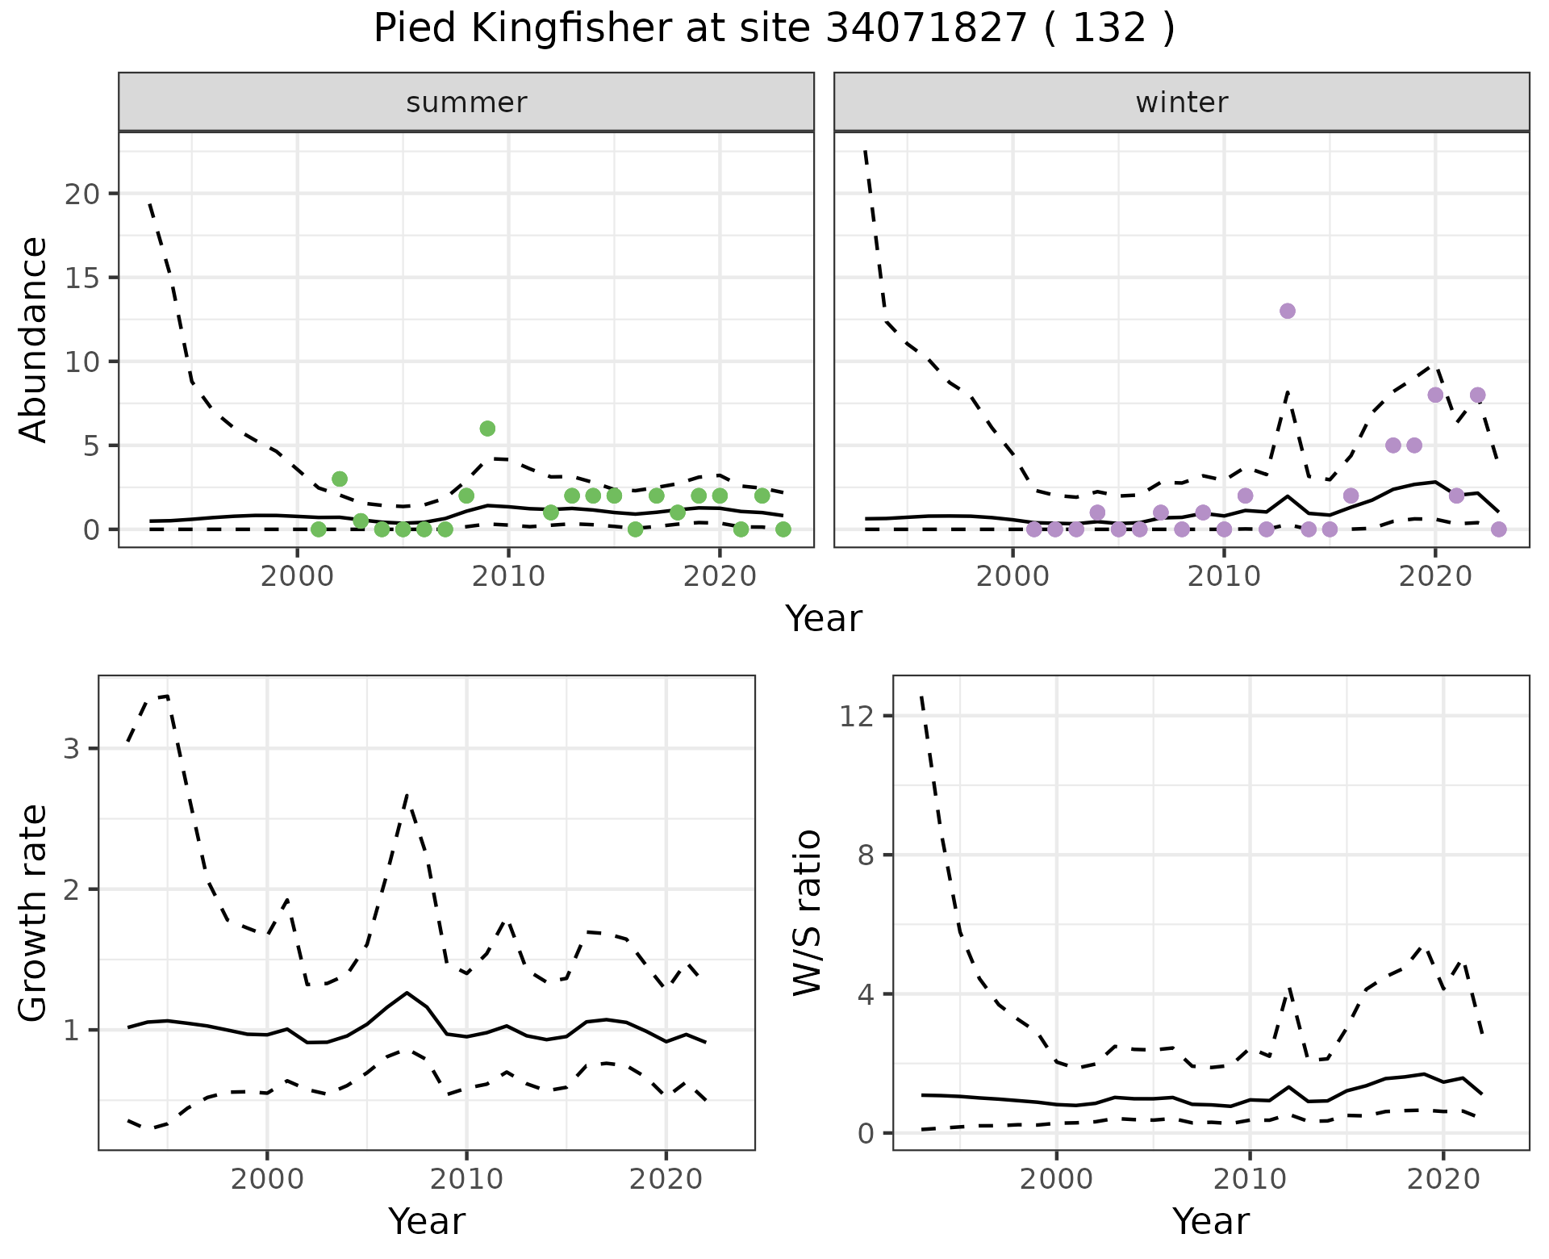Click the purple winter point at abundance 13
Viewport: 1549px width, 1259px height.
tap(1288, 311)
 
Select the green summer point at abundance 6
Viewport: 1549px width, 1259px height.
tap(487, 429)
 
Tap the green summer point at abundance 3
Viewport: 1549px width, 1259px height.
tap(340, 479)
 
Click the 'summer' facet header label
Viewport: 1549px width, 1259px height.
tap(466, 102)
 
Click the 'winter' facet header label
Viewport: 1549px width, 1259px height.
tap(1182, 102)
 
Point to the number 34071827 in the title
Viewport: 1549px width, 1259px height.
tap(926, 30)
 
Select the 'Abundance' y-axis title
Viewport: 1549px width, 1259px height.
tap(34, 340)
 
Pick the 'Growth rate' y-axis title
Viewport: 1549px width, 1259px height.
tap(34, 914)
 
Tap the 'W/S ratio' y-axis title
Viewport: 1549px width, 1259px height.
tap(807, 913)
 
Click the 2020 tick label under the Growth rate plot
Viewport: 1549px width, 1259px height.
tap(666, 1179)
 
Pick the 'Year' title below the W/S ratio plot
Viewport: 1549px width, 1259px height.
tap(1211, 1221)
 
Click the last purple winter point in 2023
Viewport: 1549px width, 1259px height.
tap(1499, 529)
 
